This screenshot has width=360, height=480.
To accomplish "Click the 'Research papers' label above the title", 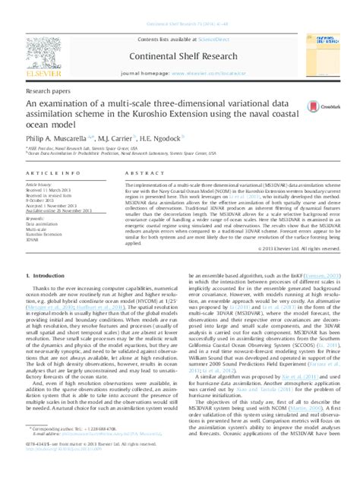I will tap(47, 90).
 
